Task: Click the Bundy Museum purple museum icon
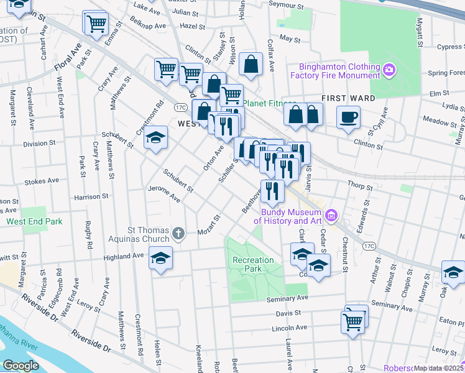click(x=331, y=216)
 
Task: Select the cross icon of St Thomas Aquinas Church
click(x=178, y=234)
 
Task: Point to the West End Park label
click(x=35, y=221)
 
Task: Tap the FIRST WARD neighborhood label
click(x=348, y=98)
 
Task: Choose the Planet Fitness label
click(x=269, y=103)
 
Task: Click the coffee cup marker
click(x=348, y=116)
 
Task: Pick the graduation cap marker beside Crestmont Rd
click(x=155, y=138)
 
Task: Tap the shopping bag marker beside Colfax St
click(x=251, y=64)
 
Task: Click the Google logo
click(x=21, y=366)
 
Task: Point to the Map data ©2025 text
click(x=438, y=368)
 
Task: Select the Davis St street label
click(x=289, y=313)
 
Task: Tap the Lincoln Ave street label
click(x=290, y=328)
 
